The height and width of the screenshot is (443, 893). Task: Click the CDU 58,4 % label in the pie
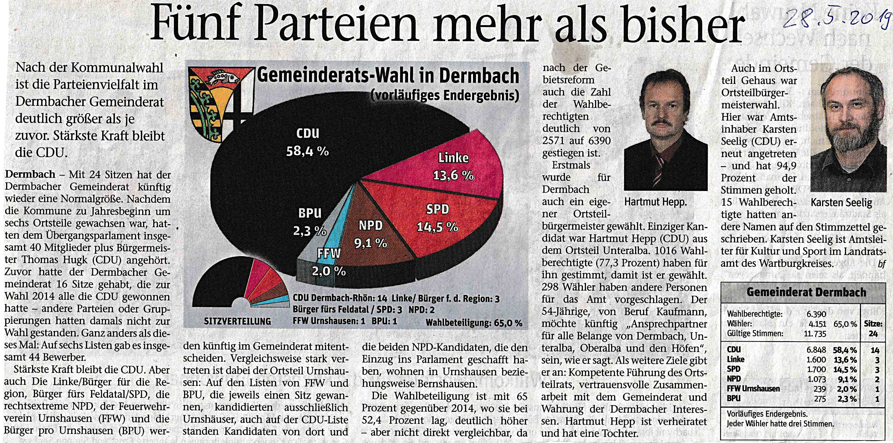[x=308, y=142]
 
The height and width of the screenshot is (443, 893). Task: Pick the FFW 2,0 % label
[x=329, y=262]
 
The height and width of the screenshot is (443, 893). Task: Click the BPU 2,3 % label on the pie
[x=310, y=222]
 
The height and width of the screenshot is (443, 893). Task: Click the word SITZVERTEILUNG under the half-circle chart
[x=237, y=321]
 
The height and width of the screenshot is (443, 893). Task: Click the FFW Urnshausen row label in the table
[x=753, y=389]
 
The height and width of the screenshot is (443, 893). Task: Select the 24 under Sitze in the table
[x=873, y=334]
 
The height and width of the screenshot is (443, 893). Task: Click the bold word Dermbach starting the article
[x=30, y=174]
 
